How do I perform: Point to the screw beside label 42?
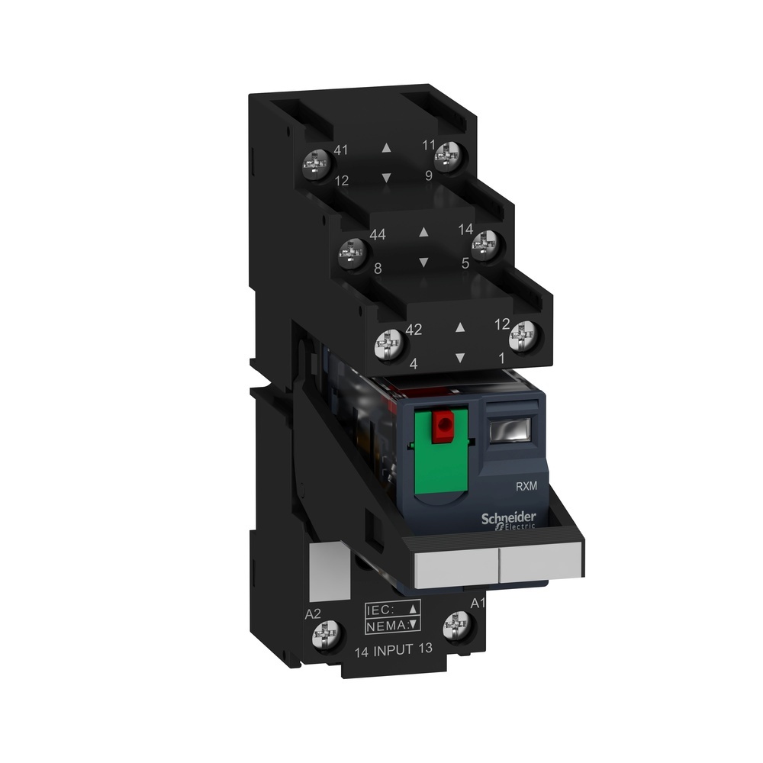click(389, 346)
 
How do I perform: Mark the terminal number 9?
click(429, 175)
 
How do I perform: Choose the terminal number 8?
click(377, 268)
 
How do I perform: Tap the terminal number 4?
click(413, 364)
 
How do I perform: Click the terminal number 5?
click(465, 262)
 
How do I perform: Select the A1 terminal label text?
click(478, 604)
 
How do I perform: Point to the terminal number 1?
click(501, 356)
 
